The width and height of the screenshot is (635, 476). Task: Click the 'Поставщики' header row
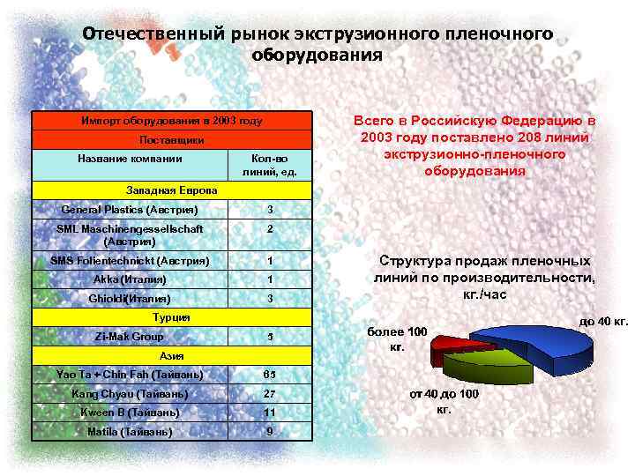pyautogui.click(x=172, y=140)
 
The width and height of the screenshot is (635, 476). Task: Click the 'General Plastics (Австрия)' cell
pyautogui.click(x=130, y=210)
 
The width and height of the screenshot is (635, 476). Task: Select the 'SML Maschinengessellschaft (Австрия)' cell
pyautogui.click(x=130, y=234)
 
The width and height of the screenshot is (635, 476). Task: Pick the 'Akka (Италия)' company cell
pyautogui.click(x=130, y=279)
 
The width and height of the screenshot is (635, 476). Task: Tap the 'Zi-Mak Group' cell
pyautogui.click(x=130, y=336)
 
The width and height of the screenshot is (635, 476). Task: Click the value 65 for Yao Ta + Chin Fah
pyautogui.click(x=271, y=375)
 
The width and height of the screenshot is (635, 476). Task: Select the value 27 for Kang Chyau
pyautogui.click(x=271, y=393)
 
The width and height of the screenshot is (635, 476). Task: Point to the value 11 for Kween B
pyautogui.click(x=271, y=413)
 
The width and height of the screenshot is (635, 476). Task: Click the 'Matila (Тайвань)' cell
pyautogui.click(x=130, y=432)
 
